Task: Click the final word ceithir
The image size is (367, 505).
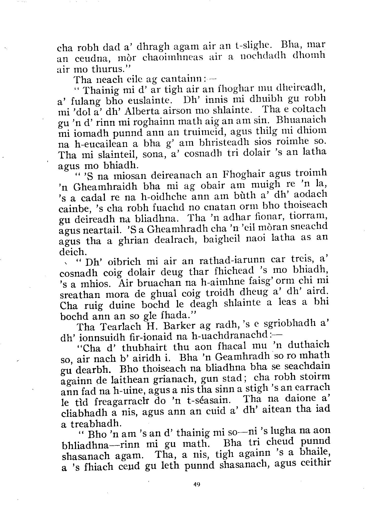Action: click(313, 465)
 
